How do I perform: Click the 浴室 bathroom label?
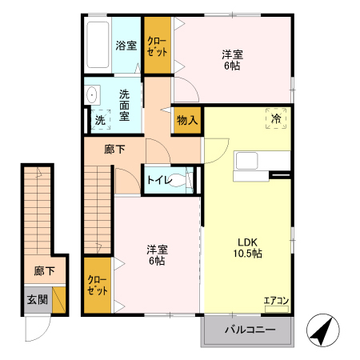click(126, 46)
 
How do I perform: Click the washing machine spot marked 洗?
click(100, 119)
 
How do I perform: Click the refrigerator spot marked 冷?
click(276, 118)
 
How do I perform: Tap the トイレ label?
click(158, 180)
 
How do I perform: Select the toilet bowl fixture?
click(186, 180)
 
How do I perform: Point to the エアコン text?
click(276, 302)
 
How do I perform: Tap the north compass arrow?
click(321, 330)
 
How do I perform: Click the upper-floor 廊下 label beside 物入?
click(115, 149)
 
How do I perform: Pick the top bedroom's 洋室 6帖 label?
click(233, 60)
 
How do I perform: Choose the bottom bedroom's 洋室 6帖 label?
click(157, 254)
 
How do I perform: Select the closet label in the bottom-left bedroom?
click(98, 284)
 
